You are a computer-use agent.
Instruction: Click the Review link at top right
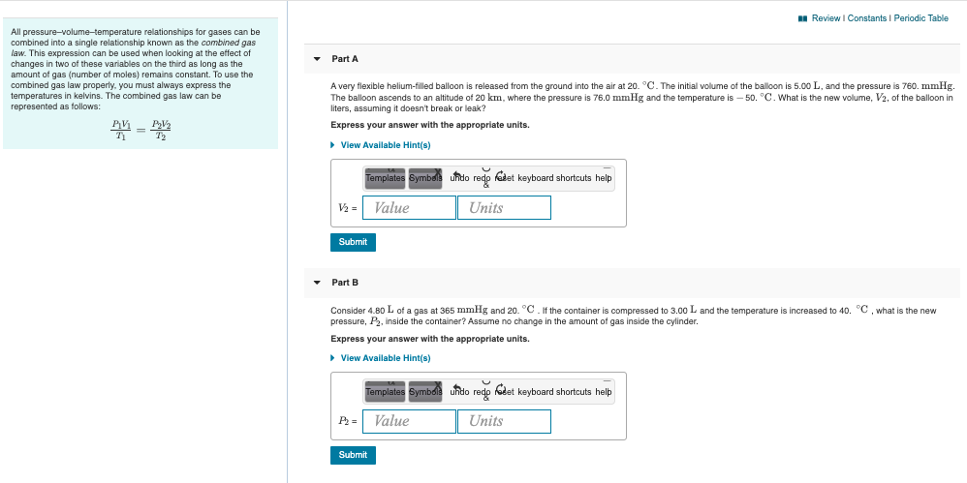pyautogui.click(x=826, y=18)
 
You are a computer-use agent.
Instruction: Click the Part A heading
pyautogui.click(x=345, y=59)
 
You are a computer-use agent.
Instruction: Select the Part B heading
pyautogui.click(x=345, y=282)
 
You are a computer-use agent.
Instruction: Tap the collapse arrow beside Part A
pyautogui.click(x=316, y=59)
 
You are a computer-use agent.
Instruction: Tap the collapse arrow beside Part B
pyautogui.click(x=316, y=282)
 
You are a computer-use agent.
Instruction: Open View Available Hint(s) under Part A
pyautogui.click(x=386, y=145)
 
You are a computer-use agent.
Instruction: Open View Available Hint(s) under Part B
pyautogui.click(x=386, y=358)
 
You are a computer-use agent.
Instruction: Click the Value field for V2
pyautogui.click(x=411, y=207)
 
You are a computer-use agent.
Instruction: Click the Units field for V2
pyautogui.click(x=504, y=207)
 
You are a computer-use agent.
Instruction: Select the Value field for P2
pyautogui.click(x=411, y=421)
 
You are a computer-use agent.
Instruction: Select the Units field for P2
pyautogui.click(x=504, y=421)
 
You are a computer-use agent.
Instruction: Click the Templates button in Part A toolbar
pyautogui.click(x=385, y=178)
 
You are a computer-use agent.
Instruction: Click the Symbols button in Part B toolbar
pyautogui.click(x=425, y=392)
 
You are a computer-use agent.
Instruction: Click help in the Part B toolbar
pyautogui.click(x=604, y=392)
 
